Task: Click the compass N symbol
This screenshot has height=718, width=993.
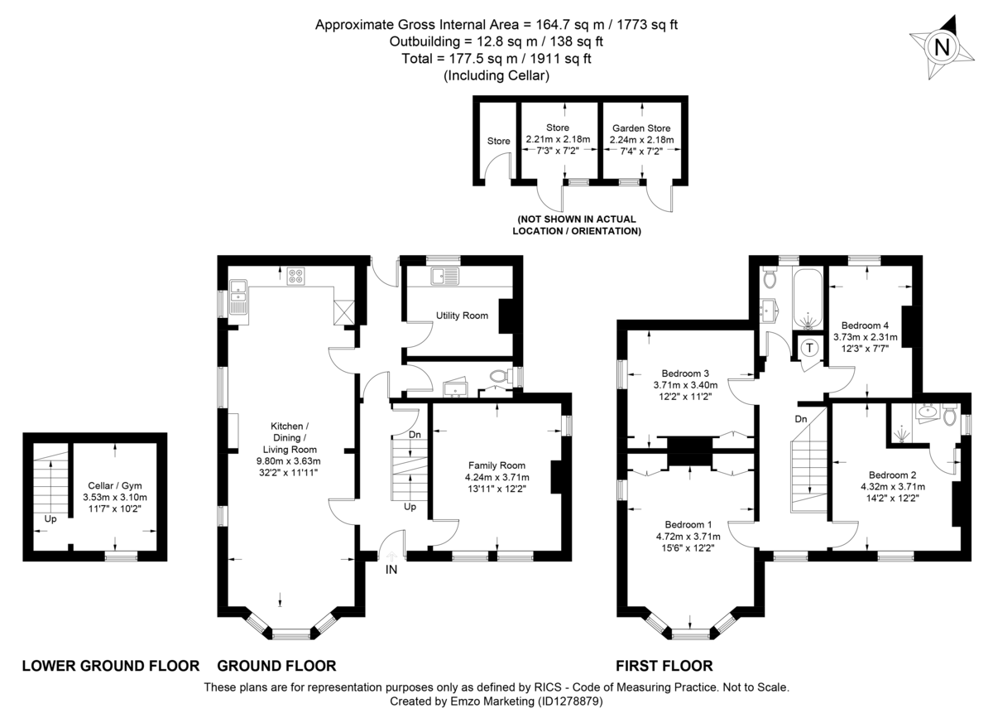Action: [941, 47]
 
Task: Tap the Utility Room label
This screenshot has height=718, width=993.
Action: [462, 316]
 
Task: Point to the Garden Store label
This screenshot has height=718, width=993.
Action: [641, 128]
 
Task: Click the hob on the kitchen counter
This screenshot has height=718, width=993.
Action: [296, 279]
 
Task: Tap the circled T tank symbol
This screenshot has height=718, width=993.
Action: [808, 347]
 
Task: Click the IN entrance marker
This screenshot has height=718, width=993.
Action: [391, 569]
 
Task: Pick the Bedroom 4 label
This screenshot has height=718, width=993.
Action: [865, 325]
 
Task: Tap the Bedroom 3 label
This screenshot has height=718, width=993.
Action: [686, 373]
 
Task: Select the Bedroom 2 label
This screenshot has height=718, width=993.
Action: [892, 475]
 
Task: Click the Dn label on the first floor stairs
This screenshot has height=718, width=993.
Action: [800, 419]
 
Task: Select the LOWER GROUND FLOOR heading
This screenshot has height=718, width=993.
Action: [110, 666]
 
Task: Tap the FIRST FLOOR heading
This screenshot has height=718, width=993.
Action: [664, 666]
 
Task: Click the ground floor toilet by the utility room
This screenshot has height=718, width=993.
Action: [499, 378]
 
